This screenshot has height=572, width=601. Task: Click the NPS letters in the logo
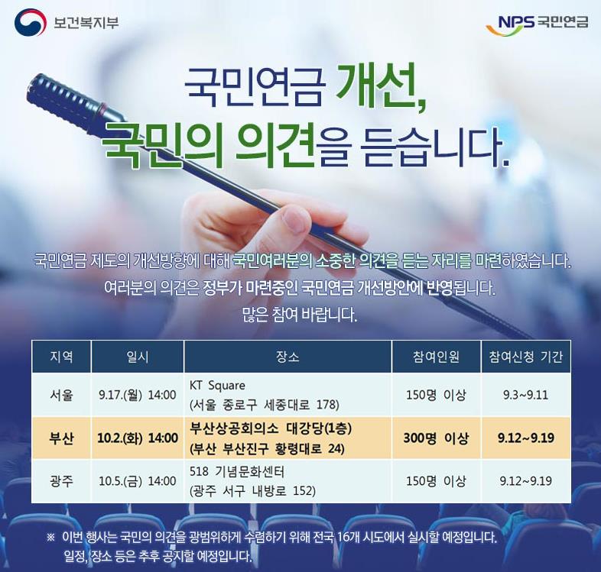click(515, 22)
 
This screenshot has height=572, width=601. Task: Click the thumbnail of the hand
click(294, 218)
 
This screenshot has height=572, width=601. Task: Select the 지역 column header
click(61, 357)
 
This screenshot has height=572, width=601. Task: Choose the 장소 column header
click(288, 357)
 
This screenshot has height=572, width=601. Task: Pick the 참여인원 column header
click(436, 357)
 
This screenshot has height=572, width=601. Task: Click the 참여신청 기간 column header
click(525, 357)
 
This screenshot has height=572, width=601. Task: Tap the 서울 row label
click(61, 395)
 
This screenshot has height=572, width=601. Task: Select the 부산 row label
click(61, 438)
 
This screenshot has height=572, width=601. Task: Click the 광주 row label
click(61, 481)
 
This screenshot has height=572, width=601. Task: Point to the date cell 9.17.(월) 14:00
click(137, 395)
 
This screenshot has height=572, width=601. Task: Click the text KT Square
click(217, 386)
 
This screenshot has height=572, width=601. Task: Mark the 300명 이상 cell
click(436, 438)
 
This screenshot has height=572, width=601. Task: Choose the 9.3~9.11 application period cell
click(525, 395)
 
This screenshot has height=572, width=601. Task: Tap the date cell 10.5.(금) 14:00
click(137, 481)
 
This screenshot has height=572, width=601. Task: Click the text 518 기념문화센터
click(237, 472)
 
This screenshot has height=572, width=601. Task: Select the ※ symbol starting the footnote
click(51, 538)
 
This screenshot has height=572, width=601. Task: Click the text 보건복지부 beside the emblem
click(86, 22)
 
